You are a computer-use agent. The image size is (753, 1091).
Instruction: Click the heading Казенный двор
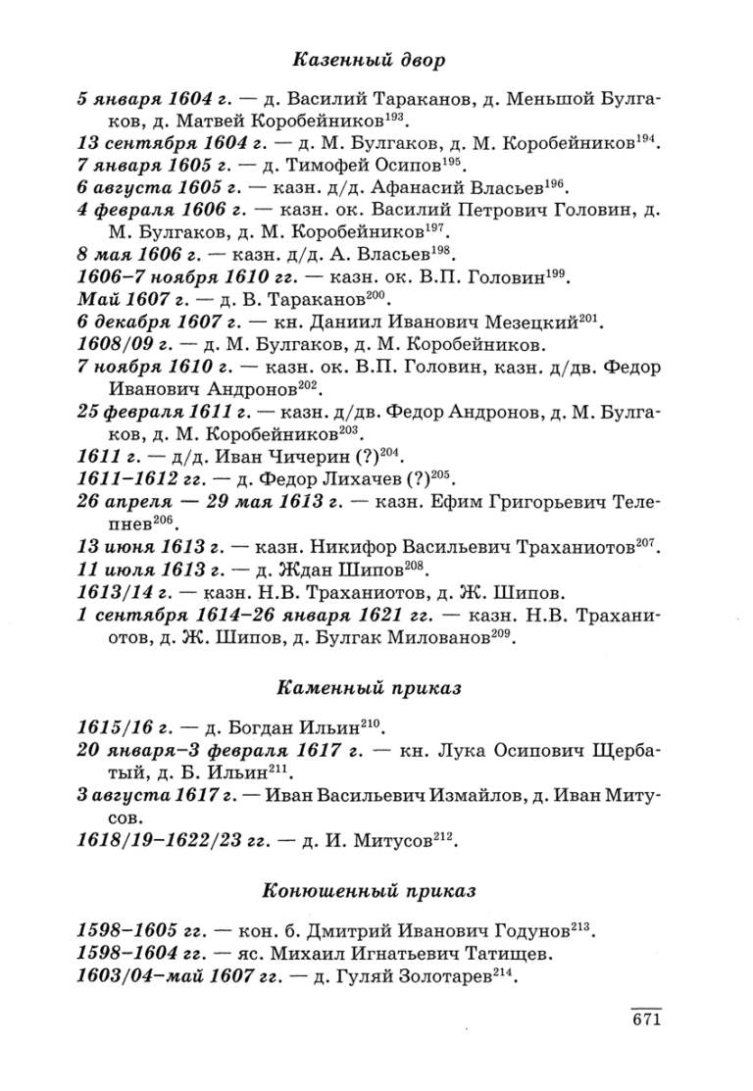tap(369, 61)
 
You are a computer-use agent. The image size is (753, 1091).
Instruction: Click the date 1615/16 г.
tap(124, 728)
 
